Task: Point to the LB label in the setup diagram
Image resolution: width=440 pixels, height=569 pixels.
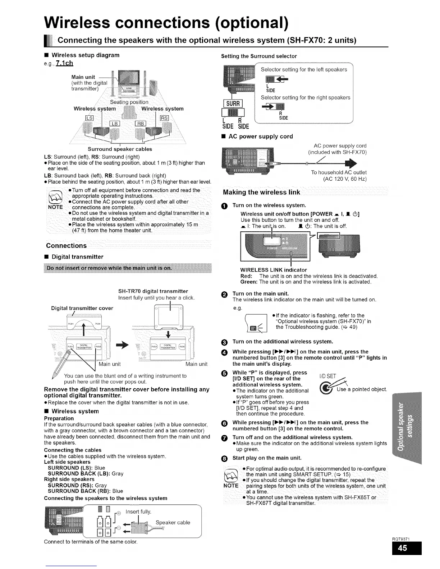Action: click(x=114, y=124)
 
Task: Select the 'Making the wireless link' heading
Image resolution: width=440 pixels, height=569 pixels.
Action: click(x=261, y=192)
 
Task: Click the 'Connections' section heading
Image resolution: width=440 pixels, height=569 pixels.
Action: click(x=67, y=246)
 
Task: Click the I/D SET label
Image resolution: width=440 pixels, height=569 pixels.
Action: click(x=327, y=376)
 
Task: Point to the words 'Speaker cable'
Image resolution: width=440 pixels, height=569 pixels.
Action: click(x=173, y=523)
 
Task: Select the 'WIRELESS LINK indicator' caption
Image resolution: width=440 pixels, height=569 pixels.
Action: click(x=273, y=270)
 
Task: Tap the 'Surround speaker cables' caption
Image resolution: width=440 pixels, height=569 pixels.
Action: click(x=120, y=149)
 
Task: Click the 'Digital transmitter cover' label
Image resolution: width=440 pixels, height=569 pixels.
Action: click(x=82, y=308)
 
